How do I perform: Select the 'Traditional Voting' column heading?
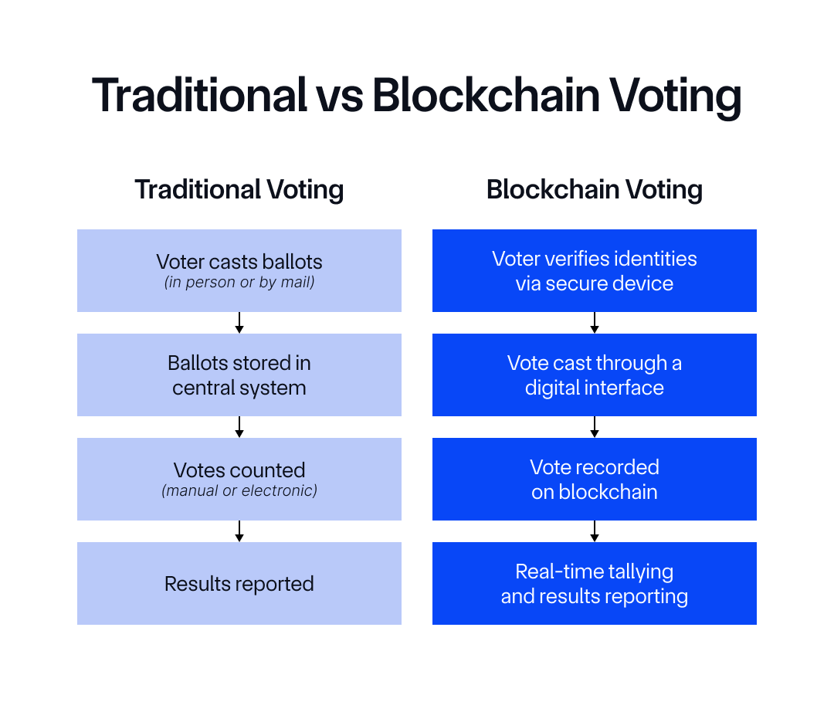[x=239, y=189]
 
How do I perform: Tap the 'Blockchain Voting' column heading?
[x=595, y=189]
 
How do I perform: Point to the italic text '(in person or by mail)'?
[x=239, y=282]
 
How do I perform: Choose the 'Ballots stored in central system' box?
[x=239, y=375]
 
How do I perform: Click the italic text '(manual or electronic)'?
[x=239, y=490]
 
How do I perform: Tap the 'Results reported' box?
[x=239, y=584]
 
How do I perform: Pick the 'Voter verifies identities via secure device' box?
[x=595, y=270]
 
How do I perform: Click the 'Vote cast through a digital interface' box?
[x=595, y=375]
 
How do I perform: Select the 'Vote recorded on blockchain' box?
[x=595, y=479]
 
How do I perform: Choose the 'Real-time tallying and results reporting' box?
[x=595, y=584]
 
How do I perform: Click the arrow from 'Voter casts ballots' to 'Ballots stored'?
[x=239, y=323]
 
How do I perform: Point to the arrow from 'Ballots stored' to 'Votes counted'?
[x=239, y=427]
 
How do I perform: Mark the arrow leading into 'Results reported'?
[x=239, y=531]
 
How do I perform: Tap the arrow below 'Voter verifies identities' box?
[x=595, y=323]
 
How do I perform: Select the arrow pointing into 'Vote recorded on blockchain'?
[x=595, y=427]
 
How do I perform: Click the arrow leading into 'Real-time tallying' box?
[x=595, y=531]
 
